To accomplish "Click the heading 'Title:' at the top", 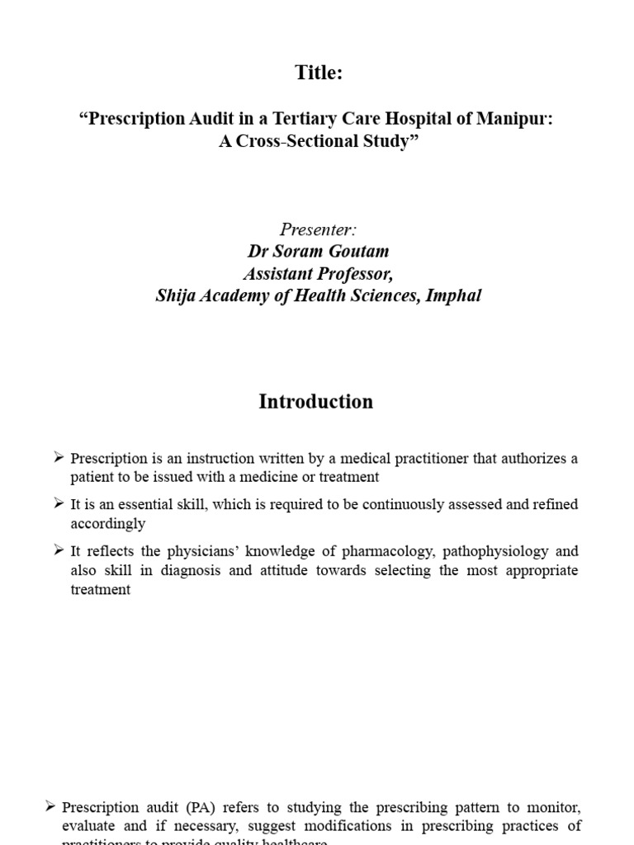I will [x=319, y=73].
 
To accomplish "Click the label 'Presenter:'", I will [x=319, y=229].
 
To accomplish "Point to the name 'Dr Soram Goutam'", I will [x=319, y=252].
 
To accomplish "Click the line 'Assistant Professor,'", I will [x=319, y=273].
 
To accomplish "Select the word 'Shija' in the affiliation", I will [x=174, y=295].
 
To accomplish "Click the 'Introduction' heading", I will [x=316, y=402].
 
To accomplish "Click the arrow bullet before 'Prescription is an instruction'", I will [x=59, y=457].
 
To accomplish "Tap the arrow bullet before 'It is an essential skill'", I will [x=59, y=503].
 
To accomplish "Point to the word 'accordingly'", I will [x=107, y=523].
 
